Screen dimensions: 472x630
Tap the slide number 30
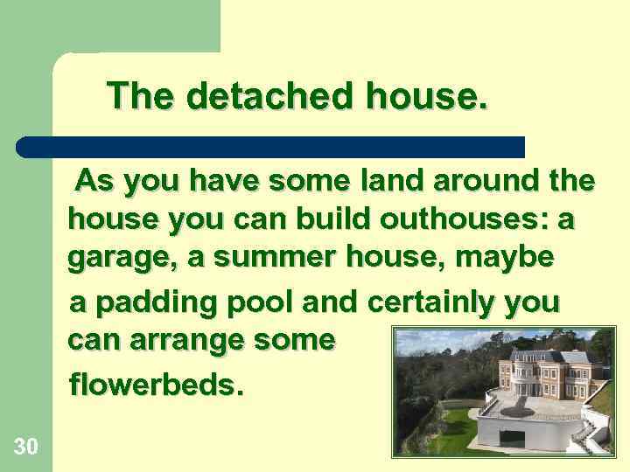(x=25, y=447)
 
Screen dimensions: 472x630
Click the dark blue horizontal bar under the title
(x=271, y=147)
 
